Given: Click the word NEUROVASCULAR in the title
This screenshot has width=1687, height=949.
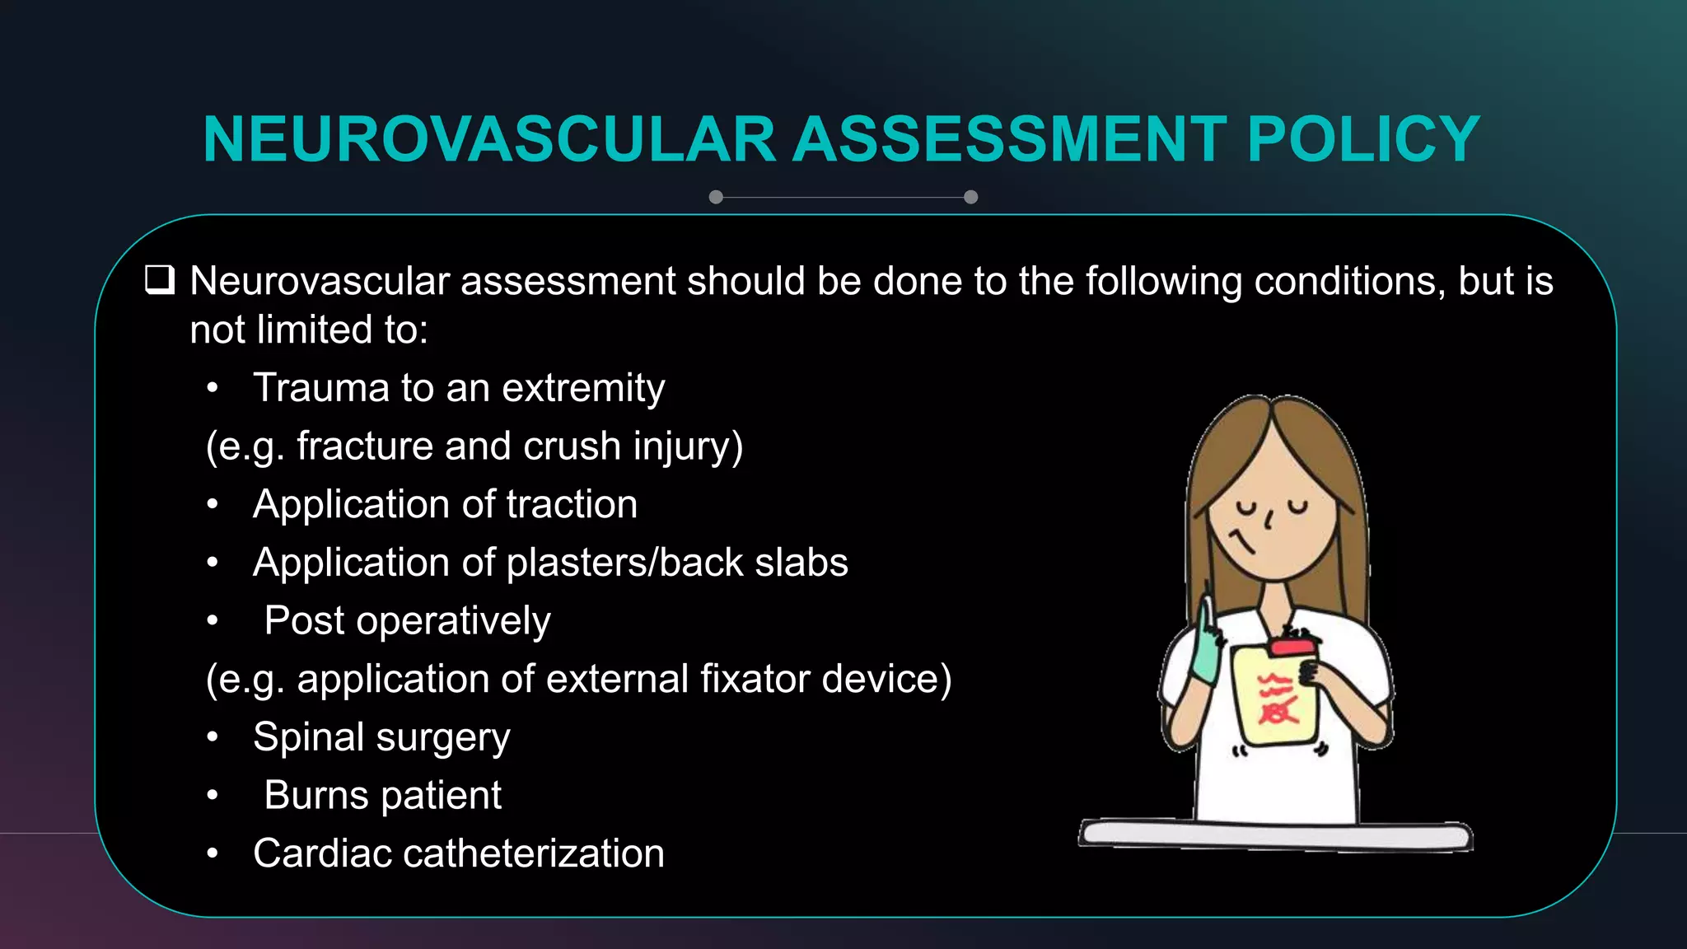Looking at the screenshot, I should coord(489,139).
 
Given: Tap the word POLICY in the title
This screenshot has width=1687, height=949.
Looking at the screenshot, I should coord(1363,139).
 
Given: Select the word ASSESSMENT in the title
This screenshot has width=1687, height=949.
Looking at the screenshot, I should coord(1010,139).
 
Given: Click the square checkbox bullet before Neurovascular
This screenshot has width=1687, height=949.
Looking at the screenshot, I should coord(160,280).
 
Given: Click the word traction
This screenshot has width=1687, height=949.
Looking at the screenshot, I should coord(572,504).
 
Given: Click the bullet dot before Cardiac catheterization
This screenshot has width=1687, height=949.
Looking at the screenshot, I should coord(213,853).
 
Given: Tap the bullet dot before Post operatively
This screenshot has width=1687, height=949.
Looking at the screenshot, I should coord(213,620).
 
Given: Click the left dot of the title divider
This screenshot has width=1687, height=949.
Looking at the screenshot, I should coord(716,197).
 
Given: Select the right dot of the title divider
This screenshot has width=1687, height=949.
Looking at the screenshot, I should coord(970,197).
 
